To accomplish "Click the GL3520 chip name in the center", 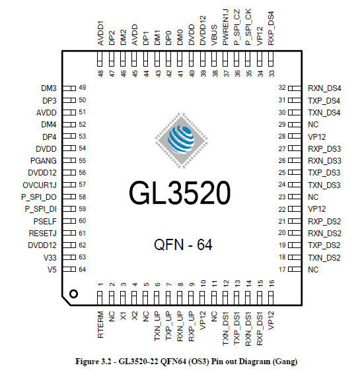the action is coord(180,193).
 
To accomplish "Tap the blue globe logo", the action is coord(181,140).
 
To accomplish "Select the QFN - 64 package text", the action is coord(183,245).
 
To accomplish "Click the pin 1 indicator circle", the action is coord(73,294).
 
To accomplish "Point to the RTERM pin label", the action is coord(100,325).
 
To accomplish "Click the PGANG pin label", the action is coord(44,160).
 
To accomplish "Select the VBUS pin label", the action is coord(214,35).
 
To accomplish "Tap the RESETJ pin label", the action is coord(43,233).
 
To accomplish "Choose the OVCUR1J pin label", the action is coord(40,185).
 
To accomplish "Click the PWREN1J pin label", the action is coord(225,27).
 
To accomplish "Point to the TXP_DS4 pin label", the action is coord(324,101).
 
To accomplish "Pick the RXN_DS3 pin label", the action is coord(324,160).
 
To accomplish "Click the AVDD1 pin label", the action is coord(100,33).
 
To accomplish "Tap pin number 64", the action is coord(82,269).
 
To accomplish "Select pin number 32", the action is coord(282,88).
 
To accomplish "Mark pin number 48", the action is coord(100,73).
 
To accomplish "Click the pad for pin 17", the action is coord(295,269).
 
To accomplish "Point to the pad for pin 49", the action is coord(69,88).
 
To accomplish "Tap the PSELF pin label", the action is coord(45,222).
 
